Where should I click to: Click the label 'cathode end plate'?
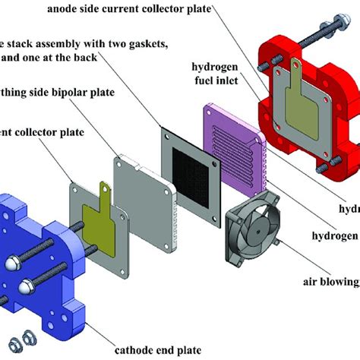click(x=157, y=349)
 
